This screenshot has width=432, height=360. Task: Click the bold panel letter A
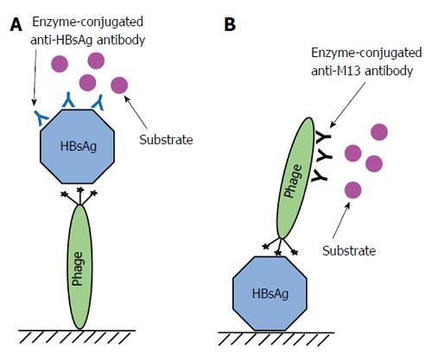(16, 24)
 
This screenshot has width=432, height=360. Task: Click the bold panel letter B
(230, 24)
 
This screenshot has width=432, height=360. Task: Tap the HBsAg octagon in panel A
(78, 147)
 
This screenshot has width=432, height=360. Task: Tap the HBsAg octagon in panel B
(270, 294)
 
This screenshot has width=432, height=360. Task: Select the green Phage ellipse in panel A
(79, 267)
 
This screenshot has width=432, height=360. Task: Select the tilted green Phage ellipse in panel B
(295, 178)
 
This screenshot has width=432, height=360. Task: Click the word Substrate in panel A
(166, 140)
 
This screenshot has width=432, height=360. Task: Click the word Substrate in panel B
(349, 250)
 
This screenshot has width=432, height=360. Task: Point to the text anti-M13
(336, 71)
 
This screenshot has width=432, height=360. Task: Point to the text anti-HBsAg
(61, 41)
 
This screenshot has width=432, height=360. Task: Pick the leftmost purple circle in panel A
(60, 64)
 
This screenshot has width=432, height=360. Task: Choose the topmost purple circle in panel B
(379, 132)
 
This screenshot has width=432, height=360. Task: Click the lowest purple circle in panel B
(353, 190)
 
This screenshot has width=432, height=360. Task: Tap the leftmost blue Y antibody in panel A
(41, 117)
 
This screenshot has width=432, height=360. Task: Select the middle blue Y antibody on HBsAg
(68, 100)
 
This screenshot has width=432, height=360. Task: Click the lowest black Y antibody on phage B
(319, 175)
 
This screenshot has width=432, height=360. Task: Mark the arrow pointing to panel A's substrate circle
(136, 112)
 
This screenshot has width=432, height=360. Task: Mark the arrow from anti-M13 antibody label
(347, 105)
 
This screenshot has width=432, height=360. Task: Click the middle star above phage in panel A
(80, 190)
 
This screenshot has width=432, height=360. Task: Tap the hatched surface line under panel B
(276, 332)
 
